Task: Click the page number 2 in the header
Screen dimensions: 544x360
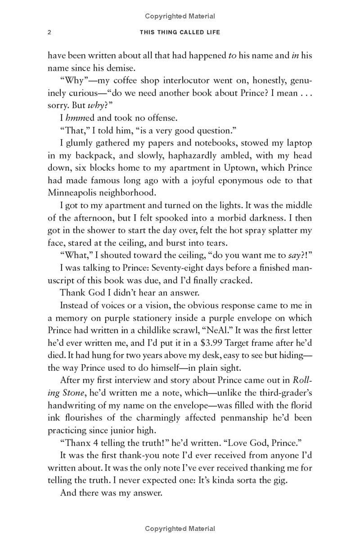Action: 50,32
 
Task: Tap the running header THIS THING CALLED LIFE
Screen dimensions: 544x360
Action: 180,32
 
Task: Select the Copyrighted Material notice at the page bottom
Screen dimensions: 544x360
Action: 180,529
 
